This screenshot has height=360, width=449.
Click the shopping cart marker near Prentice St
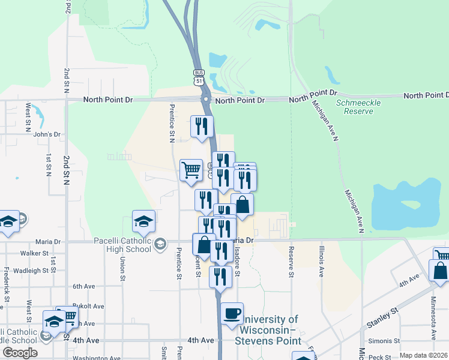tap(191, 170)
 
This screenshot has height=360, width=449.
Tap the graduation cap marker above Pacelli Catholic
tap(144, 222)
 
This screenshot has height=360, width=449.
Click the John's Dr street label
tap(47, 134)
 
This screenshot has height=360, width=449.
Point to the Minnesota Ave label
tap(433, 318)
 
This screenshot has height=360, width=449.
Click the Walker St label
tap(34, 253)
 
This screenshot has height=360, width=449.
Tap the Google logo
tap(19, 352)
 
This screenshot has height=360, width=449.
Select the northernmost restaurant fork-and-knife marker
tap(201, 127)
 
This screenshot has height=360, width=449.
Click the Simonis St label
tap(388, 340)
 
